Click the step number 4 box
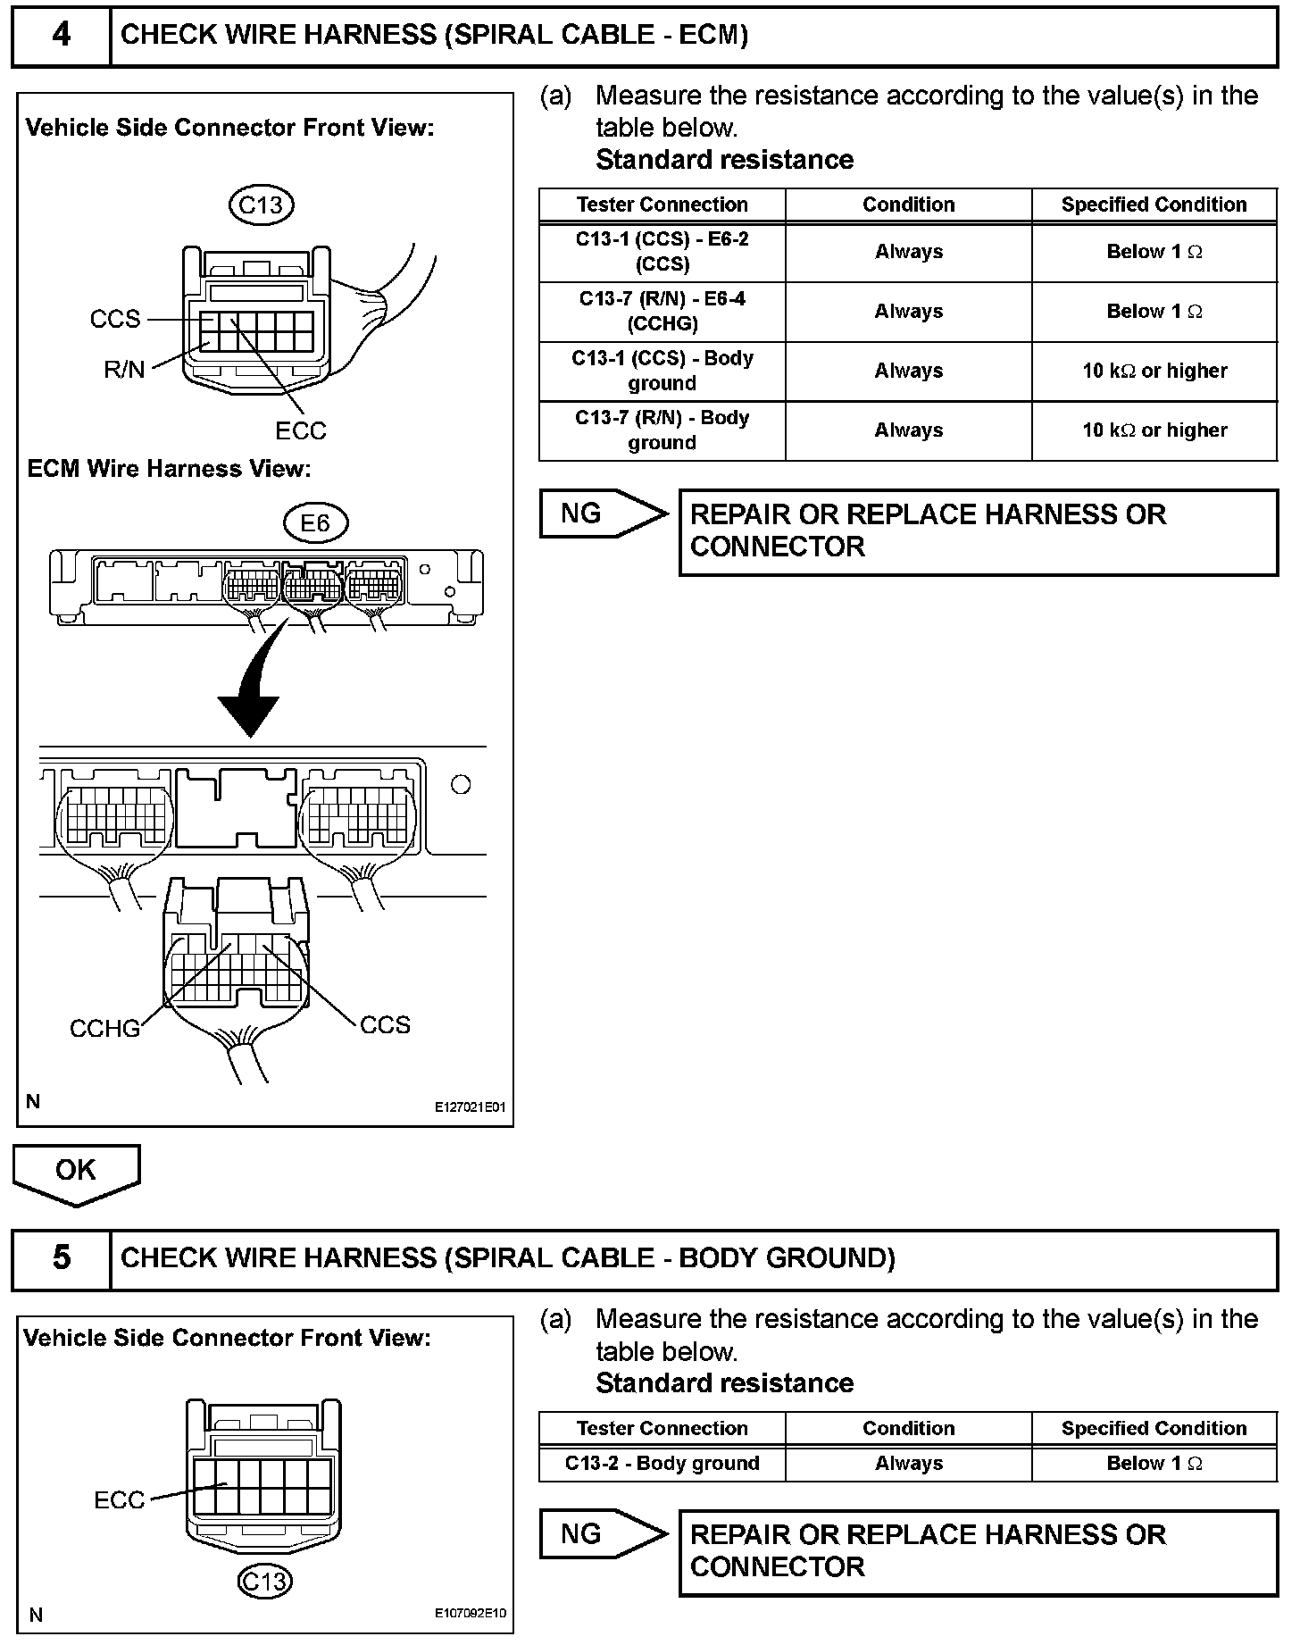tap(61, 36)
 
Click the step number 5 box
tap(61, 1258)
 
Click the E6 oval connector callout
tap(314, 523)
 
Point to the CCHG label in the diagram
tap(105, 1029)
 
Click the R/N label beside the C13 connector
tap(124, 370)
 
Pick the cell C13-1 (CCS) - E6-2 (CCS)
tap(662, 252)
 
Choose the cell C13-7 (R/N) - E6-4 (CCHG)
tap(662, 312)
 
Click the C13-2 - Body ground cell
tap(662, 1463)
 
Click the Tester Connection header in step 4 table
tap(662, 205)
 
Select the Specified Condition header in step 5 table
tap(1154, 1428)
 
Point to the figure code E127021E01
tap(470, 1107)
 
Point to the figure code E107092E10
tap(470, 1615)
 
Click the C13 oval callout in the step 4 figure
tap(261, 205)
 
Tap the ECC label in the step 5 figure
tap(119, 1499)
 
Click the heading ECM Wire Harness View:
tap(169, 469)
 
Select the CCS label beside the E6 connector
tap(385, 1024)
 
